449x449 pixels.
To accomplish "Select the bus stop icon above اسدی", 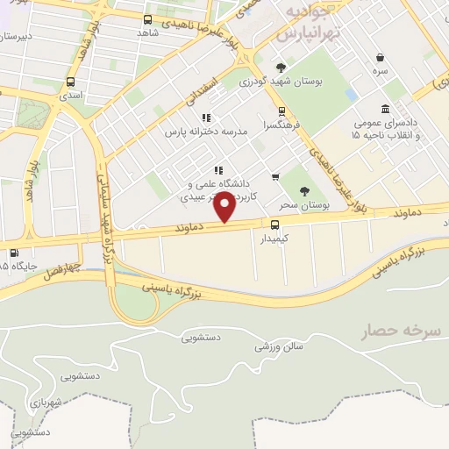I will coord(70,82).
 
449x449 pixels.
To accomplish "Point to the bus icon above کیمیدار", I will coord(274,224).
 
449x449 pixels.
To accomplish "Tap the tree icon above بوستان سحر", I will coord(304,190).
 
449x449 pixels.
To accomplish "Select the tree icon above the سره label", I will coord(380,56).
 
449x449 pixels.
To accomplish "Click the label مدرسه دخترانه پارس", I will coord(207,131).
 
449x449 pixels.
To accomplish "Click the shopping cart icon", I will coord(275,177).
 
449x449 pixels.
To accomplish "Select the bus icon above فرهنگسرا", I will coord(282,111).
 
